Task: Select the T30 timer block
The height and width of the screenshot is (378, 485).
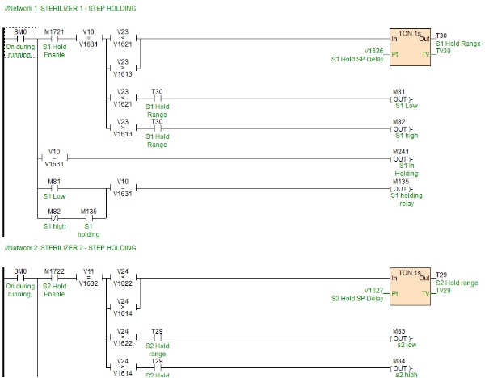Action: [411, 48]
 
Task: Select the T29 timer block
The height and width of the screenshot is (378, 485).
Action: [411, 284]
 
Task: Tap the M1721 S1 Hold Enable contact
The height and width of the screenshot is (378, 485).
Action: [54, 38]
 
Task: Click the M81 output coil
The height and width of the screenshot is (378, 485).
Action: [400, 101]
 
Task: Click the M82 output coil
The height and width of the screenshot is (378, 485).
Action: [400, 128]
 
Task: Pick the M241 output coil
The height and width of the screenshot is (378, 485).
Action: [400, 159]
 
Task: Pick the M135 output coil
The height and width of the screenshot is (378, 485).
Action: [400, 189]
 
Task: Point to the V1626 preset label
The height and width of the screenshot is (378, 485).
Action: [373, 50]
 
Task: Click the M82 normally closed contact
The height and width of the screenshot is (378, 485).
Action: [54, 216]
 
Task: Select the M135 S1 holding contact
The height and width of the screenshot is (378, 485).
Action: [88, 216]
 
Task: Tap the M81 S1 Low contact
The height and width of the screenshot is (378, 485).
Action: [54, 189]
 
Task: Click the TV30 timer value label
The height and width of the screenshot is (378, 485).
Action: [443, 50]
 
